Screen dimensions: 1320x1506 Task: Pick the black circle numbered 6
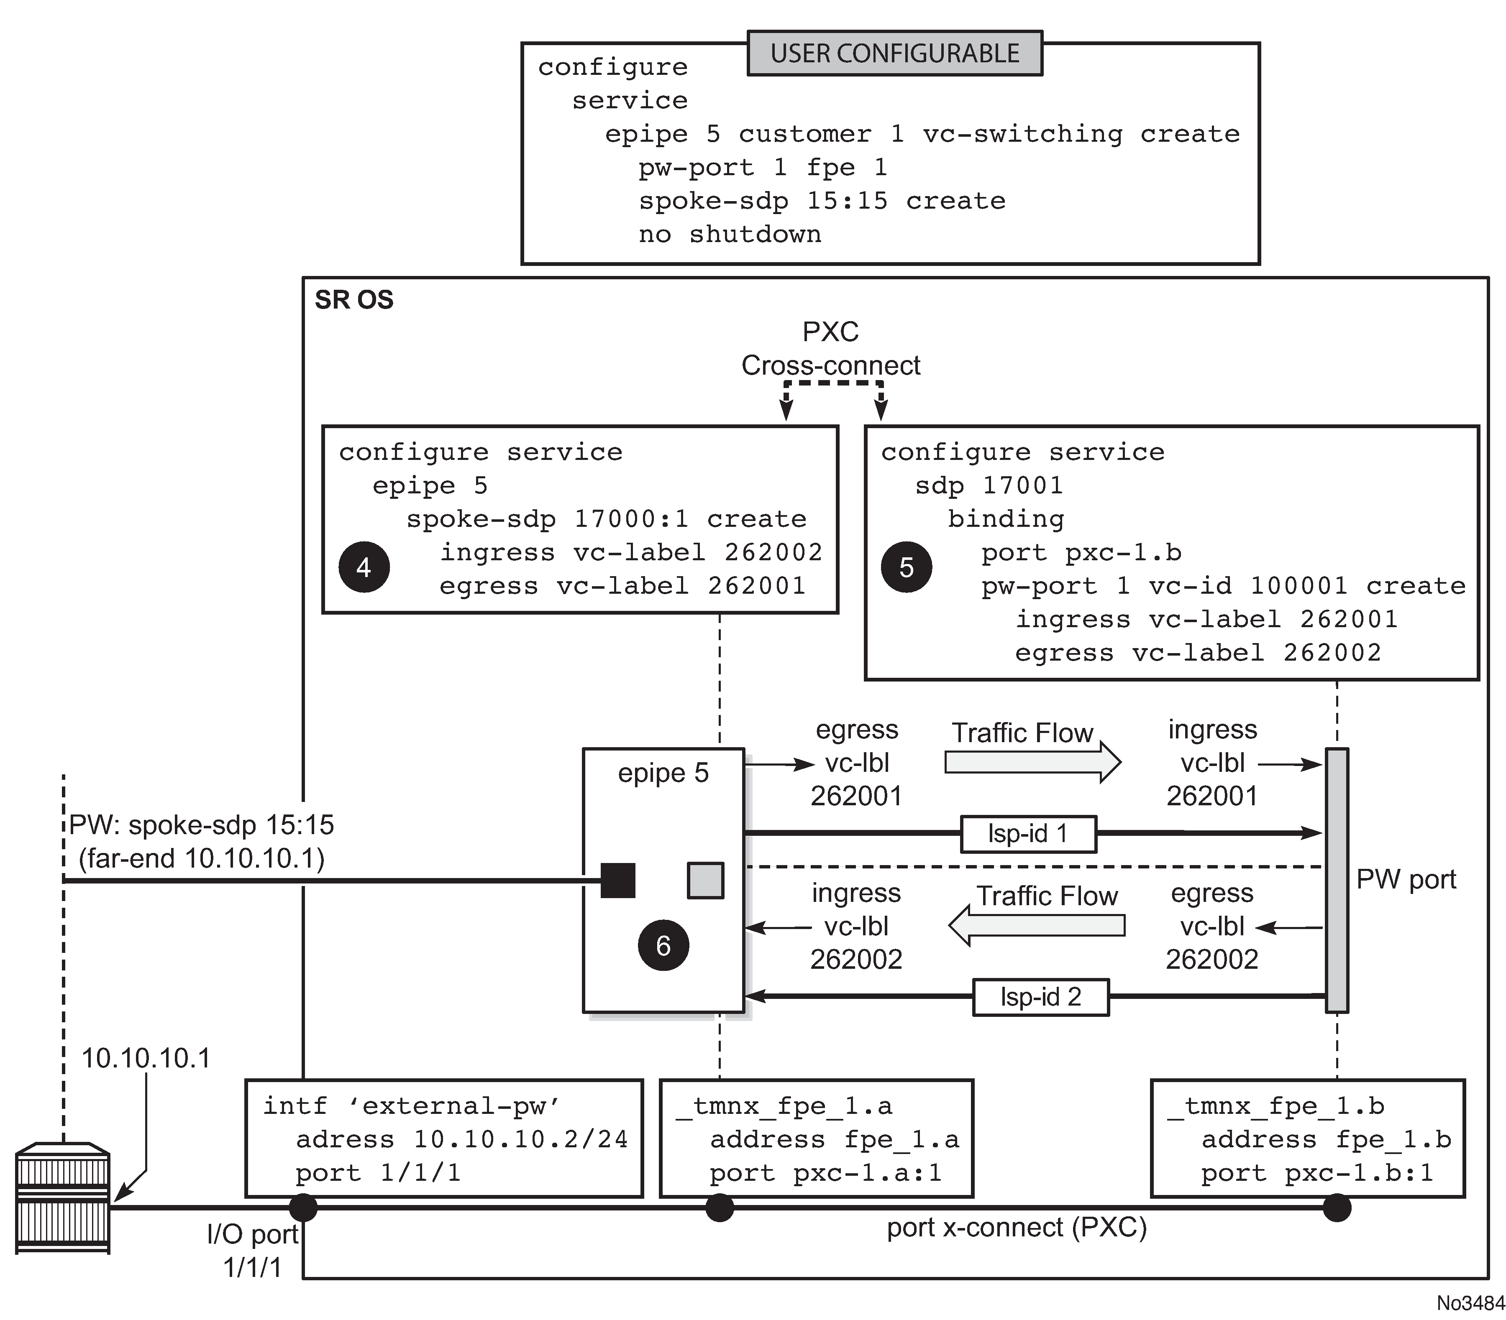coord(663,945)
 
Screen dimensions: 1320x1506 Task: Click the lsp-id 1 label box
coord(1028,834)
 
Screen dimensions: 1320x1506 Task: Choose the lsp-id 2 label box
coord(1040,997)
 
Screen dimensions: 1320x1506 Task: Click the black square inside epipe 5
coord(617,880)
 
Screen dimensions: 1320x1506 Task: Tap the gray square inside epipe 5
coord(705,880)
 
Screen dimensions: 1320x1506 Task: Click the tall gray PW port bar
coord(1337,880)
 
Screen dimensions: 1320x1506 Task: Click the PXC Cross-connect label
coord(830,348)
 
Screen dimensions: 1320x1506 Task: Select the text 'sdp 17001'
coord(989,485)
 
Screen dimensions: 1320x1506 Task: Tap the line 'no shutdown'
coord(730,234)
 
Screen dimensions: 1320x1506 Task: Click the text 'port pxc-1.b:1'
coord(1316,1173)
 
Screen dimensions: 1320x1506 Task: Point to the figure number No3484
coord(1470,1302)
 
